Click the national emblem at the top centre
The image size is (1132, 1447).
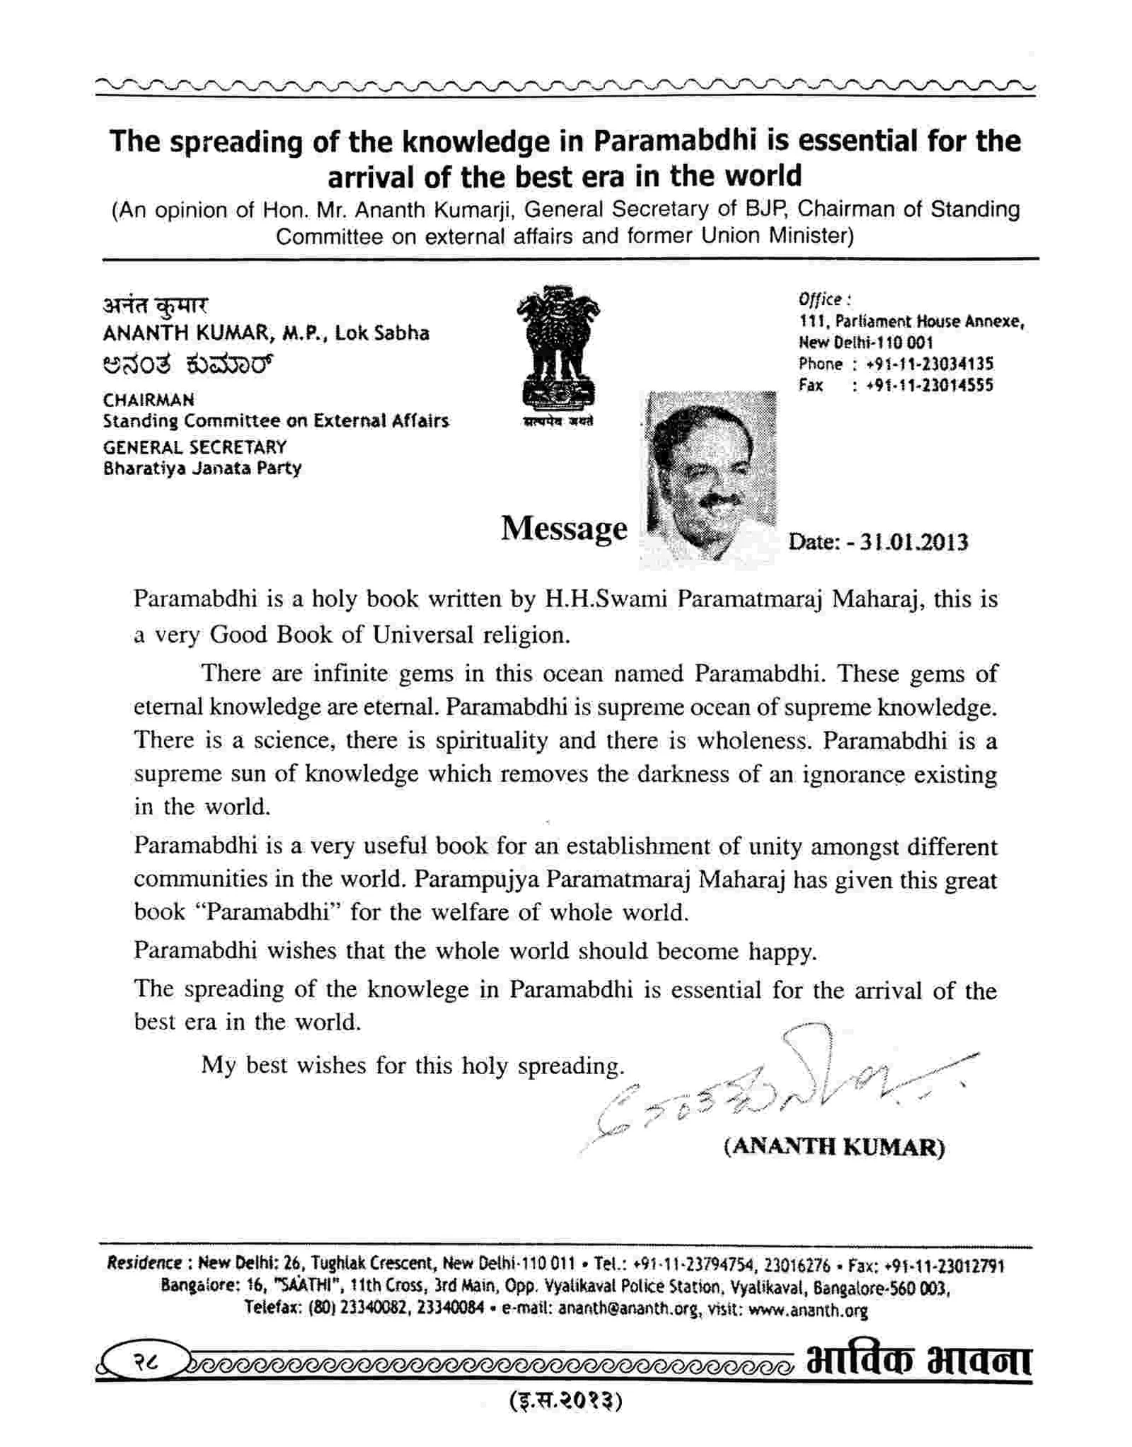click(x=558, y=350)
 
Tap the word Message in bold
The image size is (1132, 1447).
click(x=564, y=529)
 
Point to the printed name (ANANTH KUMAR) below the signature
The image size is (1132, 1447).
click(x=834, y=1146)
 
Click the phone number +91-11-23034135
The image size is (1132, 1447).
click(x=930, y=364)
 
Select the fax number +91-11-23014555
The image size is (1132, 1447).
click(x=930, y=386)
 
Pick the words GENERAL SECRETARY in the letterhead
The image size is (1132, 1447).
click(x=195, y=447)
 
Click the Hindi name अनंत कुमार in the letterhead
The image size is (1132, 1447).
click(x=156, y=305)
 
